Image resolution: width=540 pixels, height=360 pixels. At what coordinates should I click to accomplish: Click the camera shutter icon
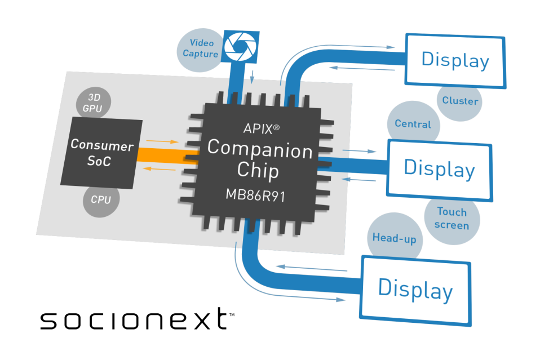[240, 47]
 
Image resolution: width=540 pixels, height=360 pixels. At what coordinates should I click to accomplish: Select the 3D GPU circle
[94, 103]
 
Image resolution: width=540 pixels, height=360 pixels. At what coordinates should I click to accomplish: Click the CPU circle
[101, 200]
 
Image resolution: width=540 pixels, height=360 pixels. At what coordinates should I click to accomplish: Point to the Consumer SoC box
[101, 153]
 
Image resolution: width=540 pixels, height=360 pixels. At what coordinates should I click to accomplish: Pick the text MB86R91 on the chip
[255, 195]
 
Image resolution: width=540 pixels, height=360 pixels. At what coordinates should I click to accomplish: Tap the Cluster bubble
[460, 102]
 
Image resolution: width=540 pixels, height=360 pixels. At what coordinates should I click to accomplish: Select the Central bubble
[413, 123]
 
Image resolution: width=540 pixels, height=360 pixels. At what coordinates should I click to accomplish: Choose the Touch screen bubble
[452, 219]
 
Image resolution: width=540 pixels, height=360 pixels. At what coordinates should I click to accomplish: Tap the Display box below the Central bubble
[440, 170]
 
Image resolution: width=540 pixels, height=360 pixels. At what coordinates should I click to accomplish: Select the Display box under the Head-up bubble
[415, 291]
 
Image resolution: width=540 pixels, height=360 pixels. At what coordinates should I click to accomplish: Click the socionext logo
[138, 319]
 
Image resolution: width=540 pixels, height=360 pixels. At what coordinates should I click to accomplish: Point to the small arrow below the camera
[252, 77]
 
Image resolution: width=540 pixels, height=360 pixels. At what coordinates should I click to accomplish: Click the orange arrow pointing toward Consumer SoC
[159, 168]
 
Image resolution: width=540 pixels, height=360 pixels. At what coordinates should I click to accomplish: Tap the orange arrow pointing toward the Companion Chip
[162, 141]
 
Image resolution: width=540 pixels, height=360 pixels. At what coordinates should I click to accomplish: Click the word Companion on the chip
[260, 149]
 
